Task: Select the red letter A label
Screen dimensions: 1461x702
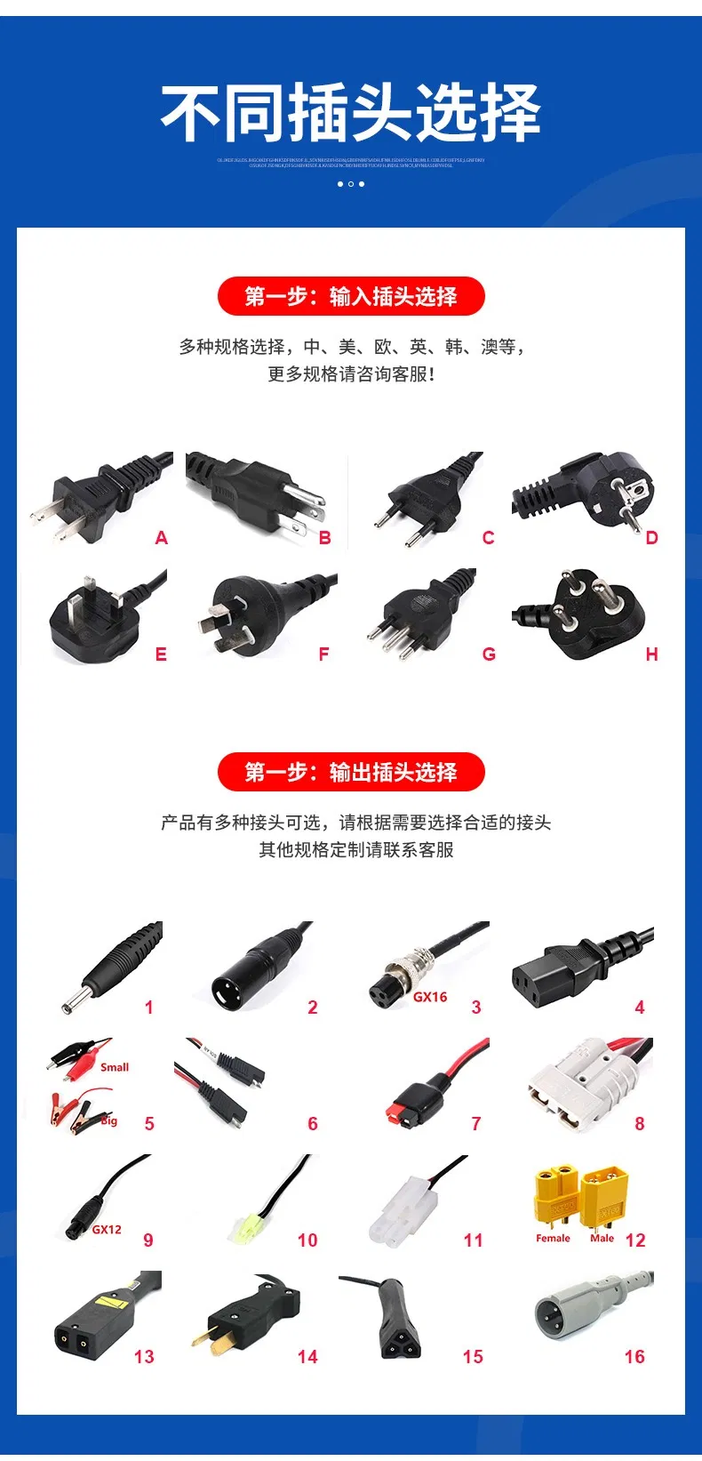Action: coord(161,538)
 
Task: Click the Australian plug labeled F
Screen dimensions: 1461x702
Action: coord(253,614)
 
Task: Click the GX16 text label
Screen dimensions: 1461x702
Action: coord(430,997)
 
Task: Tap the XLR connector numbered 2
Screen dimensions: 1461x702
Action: coord(253,969)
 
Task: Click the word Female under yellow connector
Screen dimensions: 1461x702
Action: coord(553,1238)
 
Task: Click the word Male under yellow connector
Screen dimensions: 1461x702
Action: coord(602,1238)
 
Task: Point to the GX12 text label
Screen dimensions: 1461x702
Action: coord(107,1229)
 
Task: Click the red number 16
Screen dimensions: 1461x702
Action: coord(634,1356)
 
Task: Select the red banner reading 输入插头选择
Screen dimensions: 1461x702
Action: coord(351,296)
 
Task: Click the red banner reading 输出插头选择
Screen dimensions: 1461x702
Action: coord(351,772)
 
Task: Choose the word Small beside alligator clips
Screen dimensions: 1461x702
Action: coord(115,1067)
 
